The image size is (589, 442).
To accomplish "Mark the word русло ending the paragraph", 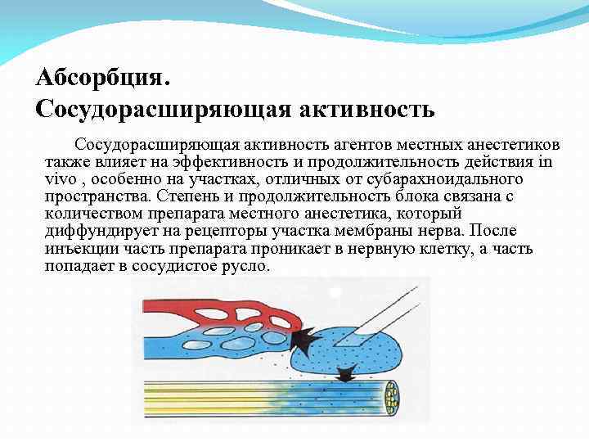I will click(x=245, y=268).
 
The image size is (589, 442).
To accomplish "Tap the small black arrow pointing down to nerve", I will click(x=347, y=372).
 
